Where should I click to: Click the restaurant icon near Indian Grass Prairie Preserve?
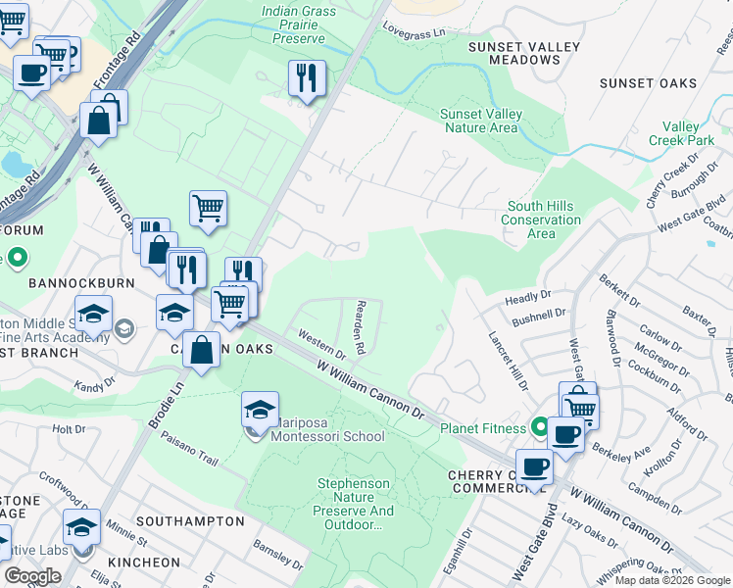[x=307, y=78]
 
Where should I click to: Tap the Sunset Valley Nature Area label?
[x=482, y=121]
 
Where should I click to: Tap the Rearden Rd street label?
[x=360, y=326]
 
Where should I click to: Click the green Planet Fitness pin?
[x=538, y=427]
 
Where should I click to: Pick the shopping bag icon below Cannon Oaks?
[x=202, y=351]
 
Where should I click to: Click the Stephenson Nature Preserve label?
[x=355, y=504]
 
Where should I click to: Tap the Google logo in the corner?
[x=32, y=576]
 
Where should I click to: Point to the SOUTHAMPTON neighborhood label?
[x=190, y=521]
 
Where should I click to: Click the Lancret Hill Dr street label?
[x=510, y=351]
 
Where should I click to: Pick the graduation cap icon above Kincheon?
[x=81, y=526]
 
